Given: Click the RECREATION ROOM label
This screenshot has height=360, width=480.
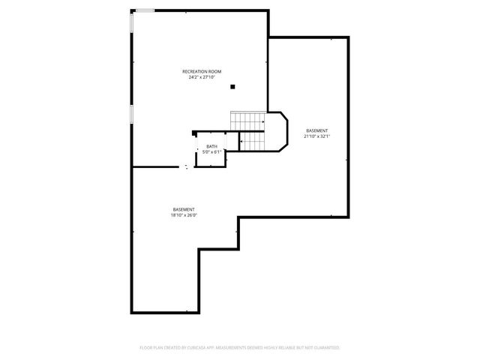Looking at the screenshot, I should click(202, 71).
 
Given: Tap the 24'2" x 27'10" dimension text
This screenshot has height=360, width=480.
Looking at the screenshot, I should click(202, 76).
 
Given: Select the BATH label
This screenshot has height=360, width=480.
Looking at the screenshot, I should click(212, 146).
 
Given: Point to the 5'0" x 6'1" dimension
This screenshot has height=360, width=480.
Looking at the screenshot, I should click(212, 151).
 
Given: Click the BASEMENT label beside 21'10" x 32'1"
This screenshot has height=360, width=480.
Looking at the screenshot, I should click(317, 131).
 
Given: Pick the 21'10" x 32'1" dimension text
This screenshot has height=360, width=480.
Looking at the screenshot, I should click(317, 136).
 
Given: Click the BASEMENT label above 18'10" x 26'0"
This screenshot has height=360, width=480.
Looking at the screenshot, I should click(184, 209).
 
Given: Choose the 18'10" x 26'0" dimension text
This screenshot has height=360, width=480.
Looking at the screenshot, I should click(184, 215).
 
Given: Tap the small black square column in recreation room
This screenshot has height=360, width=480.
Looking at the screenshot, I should click(233, 87).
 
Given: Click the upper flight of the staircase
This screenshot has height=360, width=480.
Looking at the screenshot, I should click(247, 120).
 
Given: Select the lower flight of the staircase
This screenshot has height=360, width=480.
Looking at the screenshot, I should click(252, 140).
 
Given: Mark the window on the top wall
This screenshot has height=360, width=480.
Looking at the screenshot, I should click(145, 10).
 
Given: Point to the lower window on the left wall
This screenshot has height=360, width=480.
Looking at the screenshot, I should click(132, 114).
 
